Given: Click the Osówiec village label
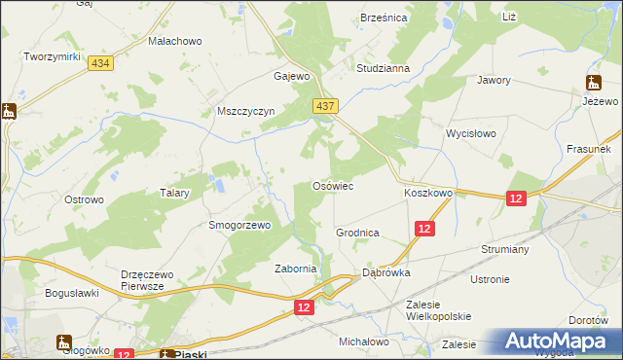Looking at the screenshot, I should coord(331,186).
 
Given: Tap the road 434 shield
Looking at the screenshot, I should coord(98,62).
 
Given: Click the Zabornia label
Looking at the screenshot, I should coord(296,270).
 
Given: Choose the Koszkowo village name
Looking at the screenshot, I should coord(428,194).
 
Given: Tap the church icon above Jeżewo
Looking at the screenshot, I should coord(593,83).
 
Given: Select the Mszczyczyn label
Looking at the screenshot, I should coord(246,112).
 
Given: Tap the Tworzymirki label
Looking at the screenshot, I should coord(52,57).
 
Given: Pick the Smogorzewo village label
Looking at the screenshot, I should coord(239,225).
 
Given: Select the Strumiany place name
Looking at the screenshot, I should coord(504,249).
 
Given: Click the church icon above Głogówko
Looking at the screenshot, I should coord(64,342).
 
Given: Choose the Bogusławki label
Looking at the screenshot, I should coord(73,292).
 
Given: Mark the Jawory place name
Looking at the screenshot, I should coord(494,81).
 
